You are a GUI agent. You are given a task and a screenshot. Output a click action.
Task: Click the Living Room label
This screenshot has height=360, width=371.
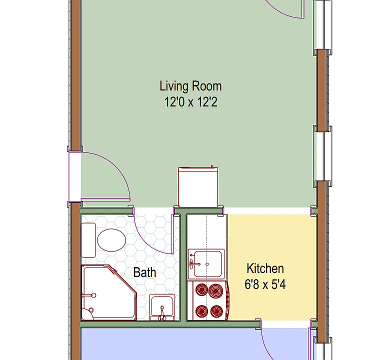[190, 86]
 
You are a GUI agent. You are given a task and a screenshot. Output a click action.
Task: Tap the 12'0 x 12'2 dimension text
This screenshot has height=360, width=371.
[190, 102]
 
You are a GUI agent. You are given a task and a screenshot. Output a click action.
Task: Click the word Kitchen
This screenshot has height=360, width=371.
[265, 268]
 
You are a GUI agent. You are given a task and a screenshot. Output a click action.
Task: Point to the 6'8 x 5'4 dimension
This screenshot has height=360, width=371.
[265, 284]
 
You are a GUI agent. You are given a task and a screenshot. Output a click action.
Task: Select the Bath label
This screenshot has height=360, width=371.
[145, 272]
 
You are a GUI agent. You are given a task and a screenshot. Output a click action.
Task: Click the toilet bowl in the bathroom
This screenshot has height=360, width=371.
[111, 240]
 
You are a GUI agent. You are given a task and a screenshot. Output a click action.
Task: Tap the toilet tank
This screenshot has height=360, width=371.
[88, 240]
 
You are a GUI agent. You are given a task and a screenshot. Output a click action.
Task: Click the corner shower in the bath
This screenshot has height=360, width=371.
[109, 292]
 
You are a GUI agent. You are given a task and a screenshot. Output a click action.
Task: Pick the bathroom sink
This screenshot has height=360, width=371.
[162, 307]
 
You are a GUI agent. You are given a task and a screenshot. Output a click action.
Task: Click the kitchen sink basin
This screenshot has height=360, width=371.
[208, 263]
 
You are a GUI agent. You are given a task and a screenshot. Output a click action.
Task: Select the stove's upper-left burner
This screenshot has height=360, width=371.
[202, 289]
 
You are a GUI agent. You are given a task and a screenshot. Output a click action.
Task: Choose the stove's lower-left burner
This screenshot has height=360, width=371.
[202, 311]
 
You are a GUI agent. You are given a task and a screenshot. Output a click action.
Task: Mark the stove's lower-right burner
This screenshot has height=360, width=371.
[216, 311]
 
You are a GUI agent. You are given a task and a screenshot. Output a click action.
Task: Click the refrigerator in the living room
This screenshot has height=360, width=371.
[198, 186]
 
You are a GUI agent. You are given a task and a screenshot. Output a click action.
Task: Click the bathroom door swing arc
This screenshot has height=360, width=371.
[145, 241]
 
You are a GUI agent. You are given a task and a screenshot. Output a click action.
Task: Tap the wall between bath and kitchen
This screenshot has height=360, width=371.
[182, 266]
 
